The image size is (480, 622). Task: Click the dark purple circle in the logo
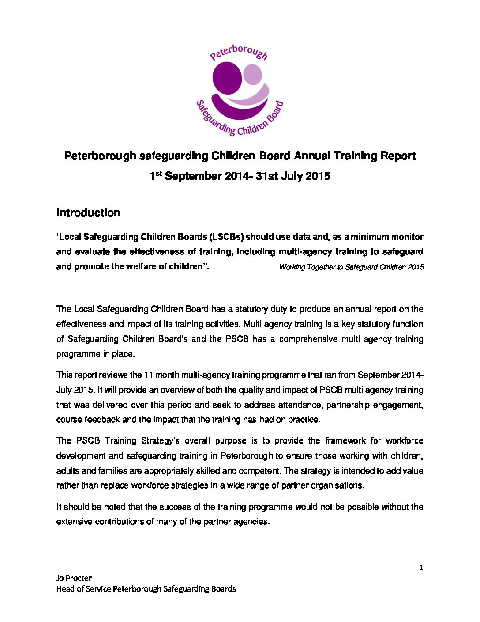(227, 78)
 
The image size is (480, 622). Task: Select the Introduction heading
(88, 213)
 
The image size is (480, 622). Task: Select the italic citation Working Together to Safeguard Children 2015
(351, 267)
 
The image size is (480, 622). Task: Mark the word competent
(260, 470)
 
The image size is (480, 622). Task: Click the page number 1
(421, 568)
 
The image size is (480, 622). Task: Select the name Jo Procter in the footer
(74, 578)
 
